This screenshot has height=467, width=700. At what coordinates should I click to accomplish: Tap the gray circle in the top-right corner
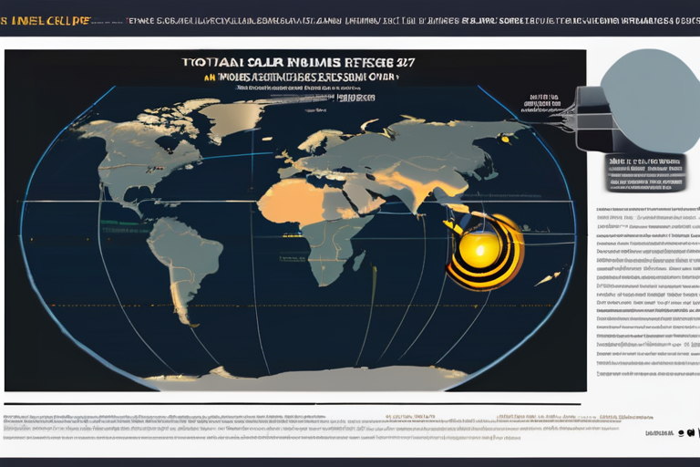click(649, 100)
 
